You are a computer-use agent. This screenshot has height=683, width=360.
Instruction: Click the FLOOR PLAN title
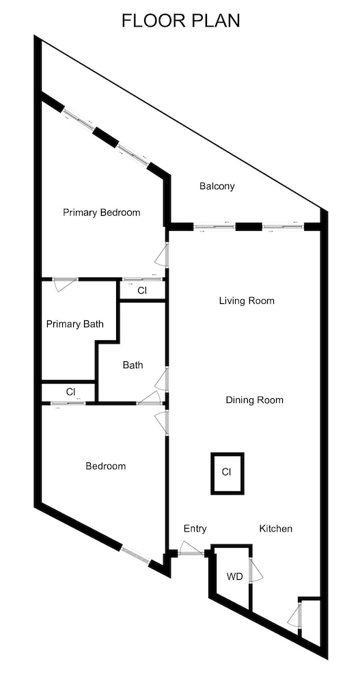click(180, 20)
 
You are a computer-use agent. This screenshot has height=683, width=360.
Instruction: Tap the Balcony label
click(217, 186)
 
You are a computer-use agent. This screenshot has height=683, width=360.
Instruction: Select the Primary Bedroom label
click(102, 212)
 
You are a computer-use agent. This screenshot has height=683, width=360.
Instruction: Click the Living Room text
click(247, 301)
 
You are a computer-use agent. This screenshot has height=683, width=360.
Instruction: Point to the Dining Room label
click(255, 400)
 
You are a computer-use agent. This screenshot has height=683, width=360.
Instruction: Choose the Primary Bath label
click(75, 324)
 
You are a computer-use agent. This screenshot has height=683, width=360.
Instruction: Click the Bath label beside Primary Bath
click(133, 365)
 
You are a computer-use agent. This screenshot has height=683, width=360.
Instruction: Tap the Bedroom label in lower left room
click(105, 466)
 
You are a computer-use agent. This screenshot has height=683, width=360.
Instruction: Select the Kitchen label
click(276, 529)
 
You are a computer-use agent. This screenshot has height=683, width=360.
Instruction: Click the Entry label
click(195, 529)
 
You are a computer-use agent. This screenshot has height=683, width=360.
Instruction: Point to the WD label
click(234, 577)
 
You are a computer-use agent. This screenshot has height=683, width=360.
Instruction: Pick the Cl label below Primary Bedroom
click(142, 291)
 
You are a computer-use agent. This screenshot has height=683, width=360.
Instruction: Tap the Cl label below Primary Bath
click(70, 391)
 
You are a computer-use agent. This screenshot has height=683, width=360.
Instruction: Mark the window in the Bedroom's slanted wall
click(135, 555)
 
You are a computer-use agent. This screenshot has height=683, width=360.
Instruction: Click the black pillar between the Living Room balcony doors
click(249, 227)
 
